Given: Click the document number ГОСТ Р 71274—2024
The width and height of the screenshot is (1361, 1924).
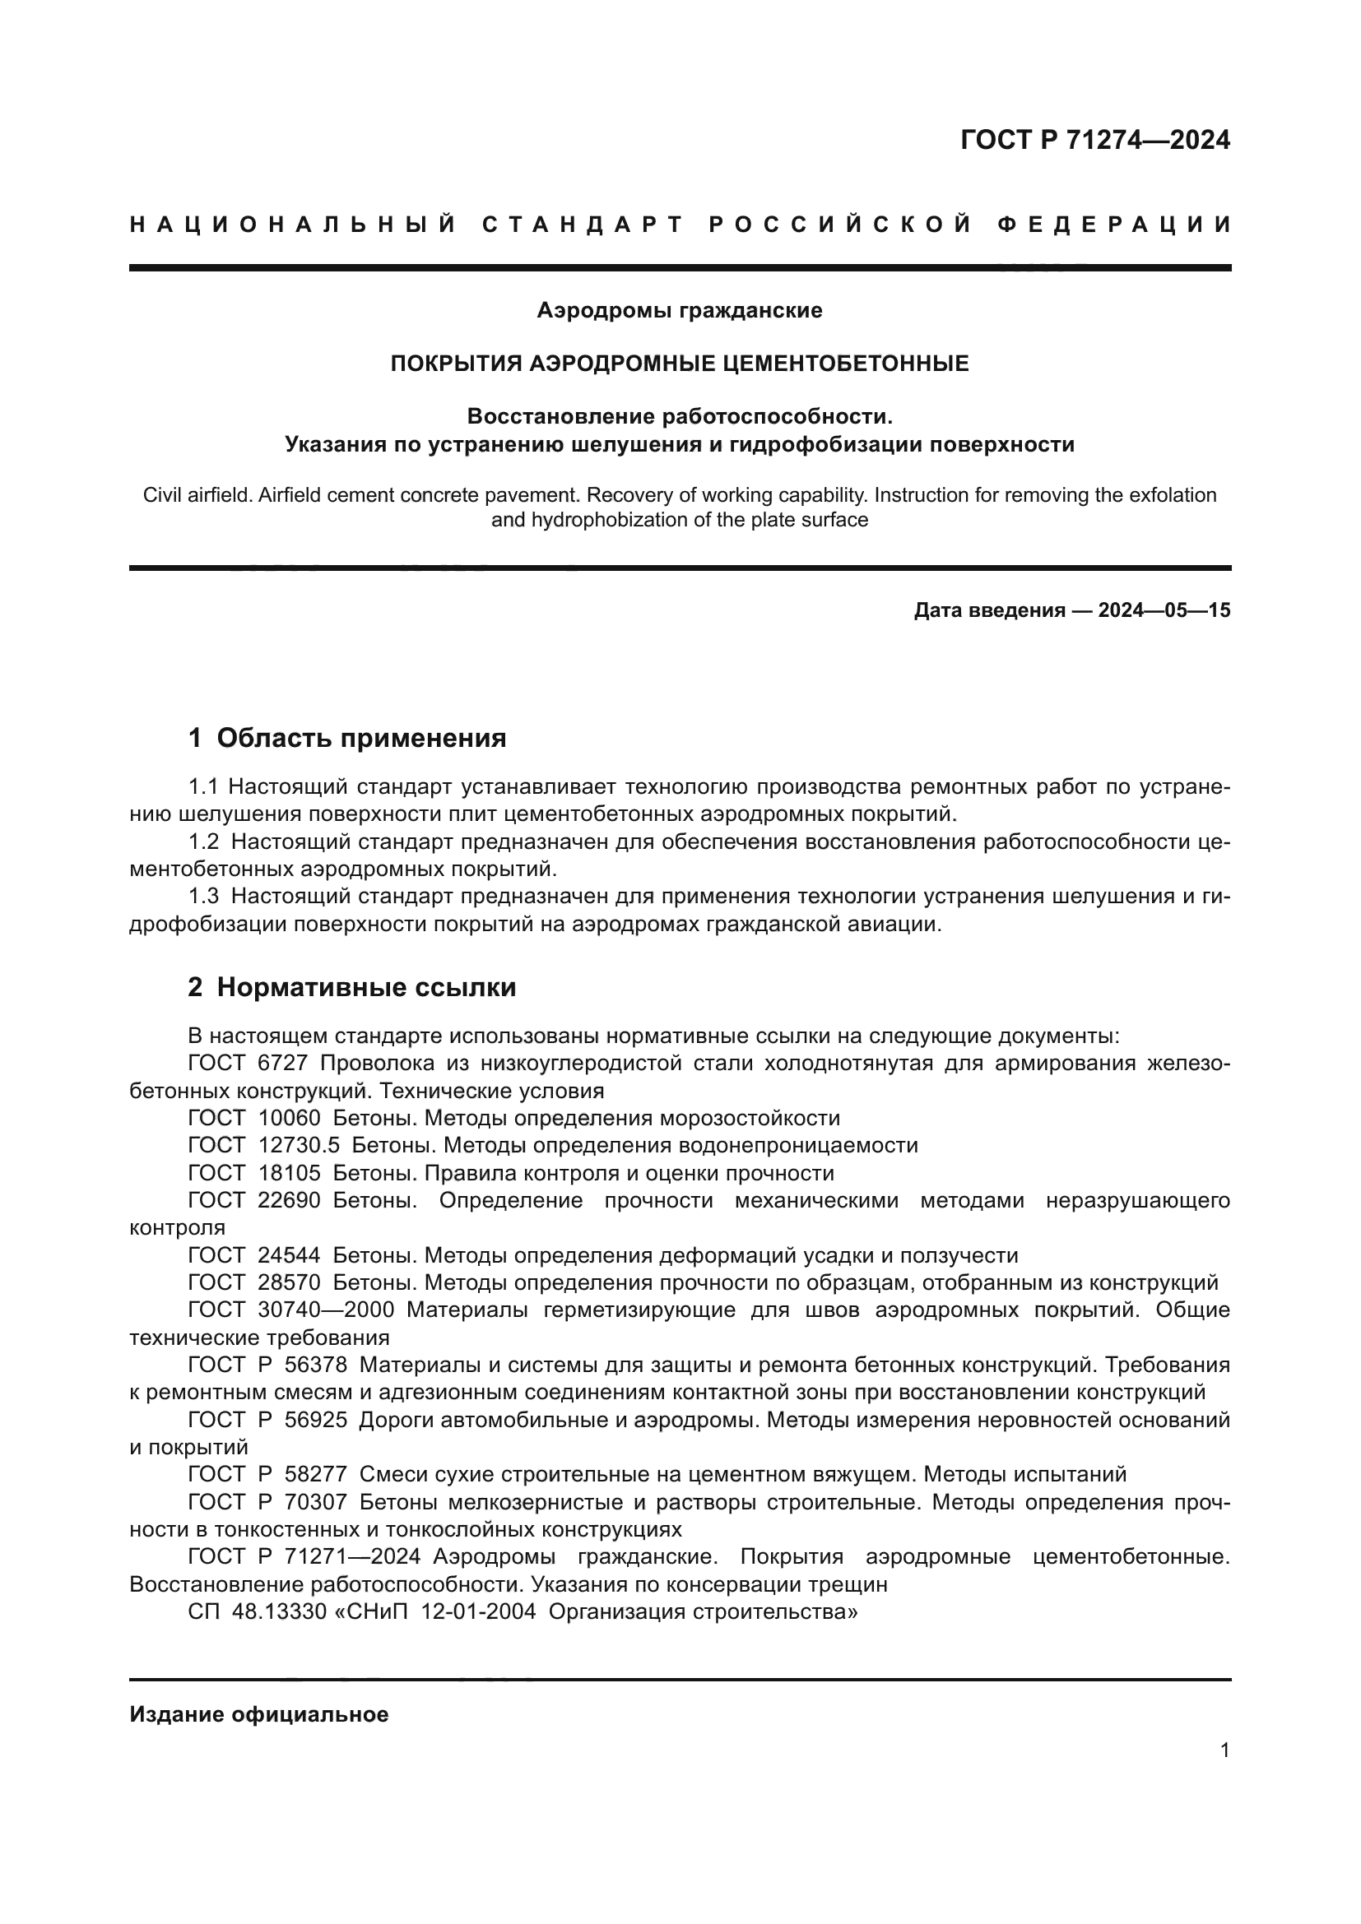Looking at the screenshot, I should point(1094,140).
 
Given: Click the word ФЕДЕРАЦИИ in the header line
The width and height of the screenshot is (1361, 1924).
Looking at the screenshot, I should point(1115,225).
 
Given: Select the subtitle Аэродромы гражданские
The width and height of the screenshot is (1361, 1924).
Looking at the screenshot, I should point(680,311).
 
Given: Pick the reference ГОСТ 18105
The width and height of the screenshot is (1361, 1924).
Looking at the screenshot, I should point(254,1173).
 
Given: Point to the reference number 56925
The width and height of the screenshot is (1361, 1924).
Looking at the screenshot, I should point(315,1420).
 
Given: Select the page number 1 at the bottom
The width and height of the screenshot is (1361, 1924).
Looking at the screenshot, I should point(1224,1750).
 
